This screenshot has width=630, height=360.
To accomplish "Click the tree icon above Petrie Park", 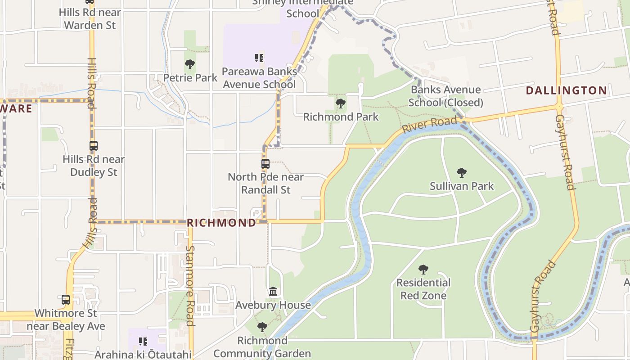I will click(x=190, y=64).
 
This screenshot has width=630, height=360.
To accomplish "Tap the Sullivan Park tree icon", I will click(x=461, y=172).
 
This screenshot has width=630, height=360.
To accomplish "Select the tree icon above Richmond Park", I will click(x=341, y=103).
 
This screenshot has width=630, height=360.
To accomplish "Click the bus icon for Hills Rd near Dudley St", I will click(x=93, y=146).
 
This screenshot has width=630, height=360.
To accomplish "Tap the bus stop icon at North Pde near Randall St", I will click(x=265, y=163).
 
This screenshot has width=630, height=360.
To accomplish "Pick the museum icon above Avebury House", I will click(x=273, y=292).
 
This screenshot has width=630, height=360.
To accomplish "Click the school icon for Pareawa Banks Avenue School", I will click(x=259, y=58).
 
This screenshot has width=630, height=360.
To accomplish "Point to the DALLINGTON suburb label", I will click(x=567, y=90).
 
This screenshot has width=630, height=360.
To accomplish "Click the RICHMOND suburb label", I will click(x=221, y=223).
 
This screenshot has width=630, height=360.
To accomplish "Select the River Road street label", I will click(x=429, y=124).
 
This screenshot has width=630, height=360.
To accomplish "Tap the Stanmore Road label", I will click(x=190, y=285).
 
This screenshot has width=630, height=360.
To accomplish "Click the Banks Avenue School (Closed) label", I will click(x=445, y=96).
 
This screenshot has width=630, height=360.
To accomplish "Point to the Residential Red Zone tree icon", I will click(x=423, y=270).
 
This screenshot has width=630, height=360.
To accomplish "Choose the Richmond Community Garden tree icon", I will click(x=262, y=327).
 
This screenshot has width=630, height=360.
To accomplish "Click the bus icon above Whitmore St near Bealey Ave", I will click(x=66, y=299).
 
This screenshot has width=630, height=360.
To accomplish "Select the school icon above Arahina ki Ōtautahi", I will click(x=143, y=342).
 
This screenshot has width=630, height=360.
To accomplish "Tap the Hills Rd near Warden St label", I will click(x=90, y=18).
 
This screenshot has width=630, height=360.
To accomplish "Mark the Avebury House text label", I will click(x=273, y=305).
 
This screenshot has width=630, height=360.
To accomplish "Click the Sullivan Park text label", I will click(x=462, y=186).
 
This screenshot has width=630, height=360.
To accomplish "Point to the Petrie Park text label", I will click(x=190, y=78).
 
